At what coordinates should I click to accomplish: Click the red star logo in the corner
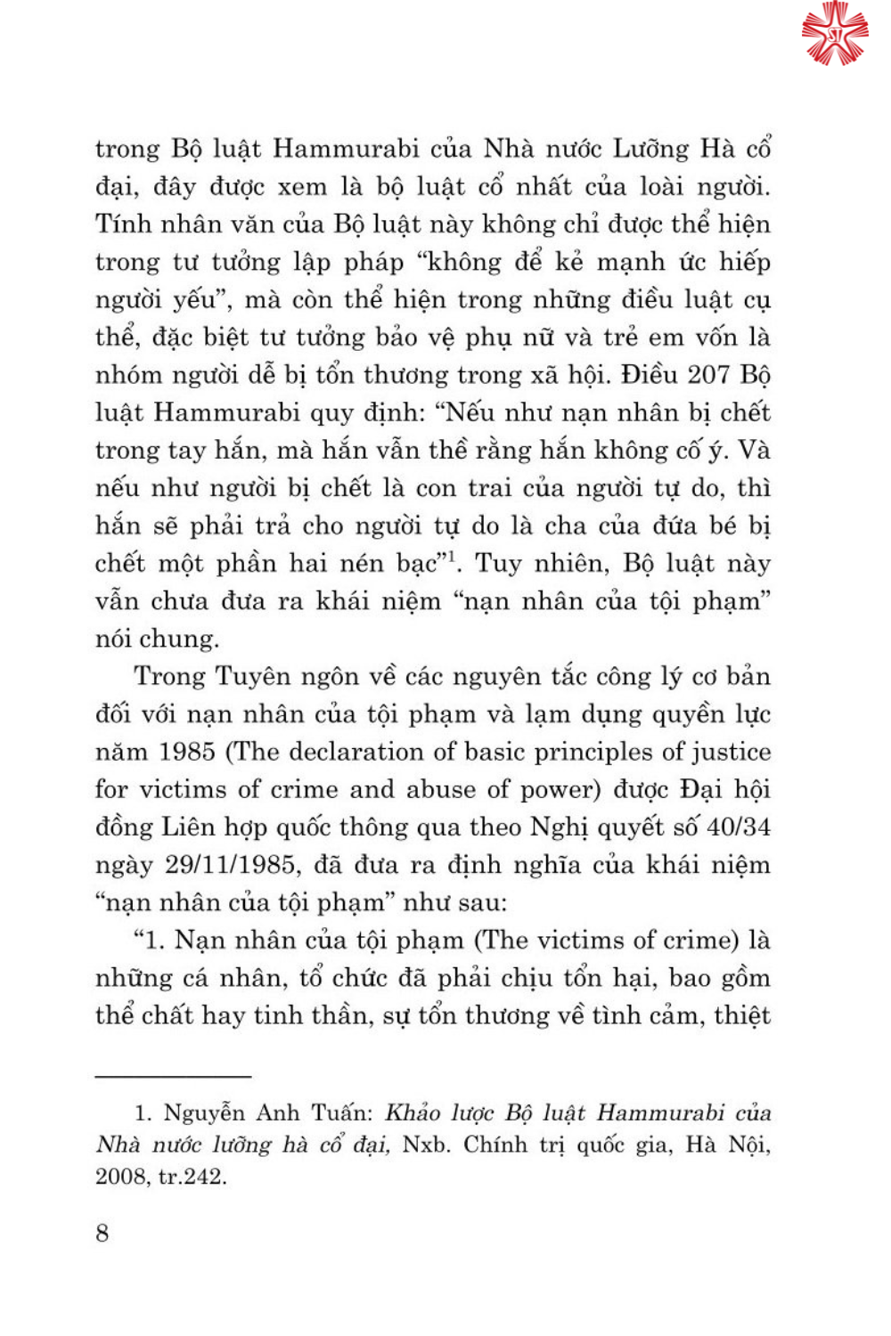click(x=834, y=33)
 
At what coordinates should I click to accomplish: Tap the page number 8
click(x=102, y=1233)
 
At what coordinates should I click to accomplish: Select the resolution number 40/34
click(x=738, y=827)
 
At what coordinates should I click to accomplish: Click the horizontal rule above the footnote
click(x=173, y=1076)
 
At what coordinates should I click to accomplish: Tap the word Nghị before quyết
click(x=559, y=827)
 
